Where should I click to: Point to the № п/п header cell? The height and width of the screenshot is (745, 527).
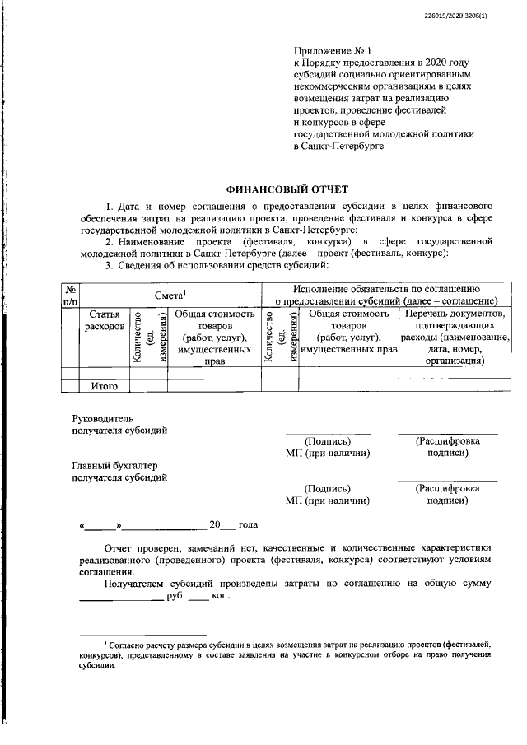pos(72,294)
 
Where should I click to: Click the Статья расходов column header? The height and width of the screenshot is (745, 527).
pos(105,320)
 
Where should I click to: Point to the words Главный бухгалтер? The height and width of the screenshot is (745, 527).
pos(114,465)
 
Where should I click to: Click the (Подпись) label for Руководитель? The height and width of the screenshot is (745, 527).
pos(327,441)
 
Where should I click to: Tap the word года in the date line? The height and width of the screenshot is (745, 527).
pos(248,524)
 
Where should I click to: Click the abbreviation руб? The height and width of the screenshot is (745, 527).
pos(175,594)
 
